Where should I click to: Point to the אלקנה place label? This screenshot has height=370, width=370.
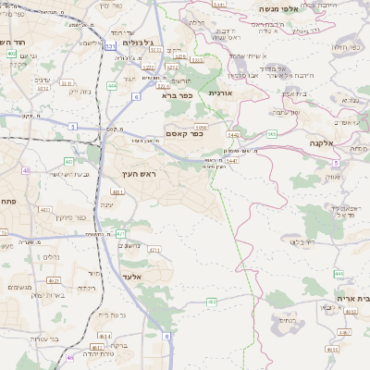[x=322, y=144]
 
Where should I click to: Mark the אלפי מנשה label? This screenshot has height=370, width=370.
[x=277, y=8]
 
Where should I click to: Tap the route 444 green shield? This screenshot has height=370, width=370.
[x=112, y=85]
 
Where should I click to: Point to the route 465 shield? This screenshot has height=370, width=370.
[x=339, y=273]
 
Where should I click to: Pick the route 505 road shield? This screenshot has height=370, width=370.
[x=272, y=135]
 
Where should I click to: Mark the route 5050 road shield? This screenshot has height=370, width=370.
[x=201, y=127]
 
